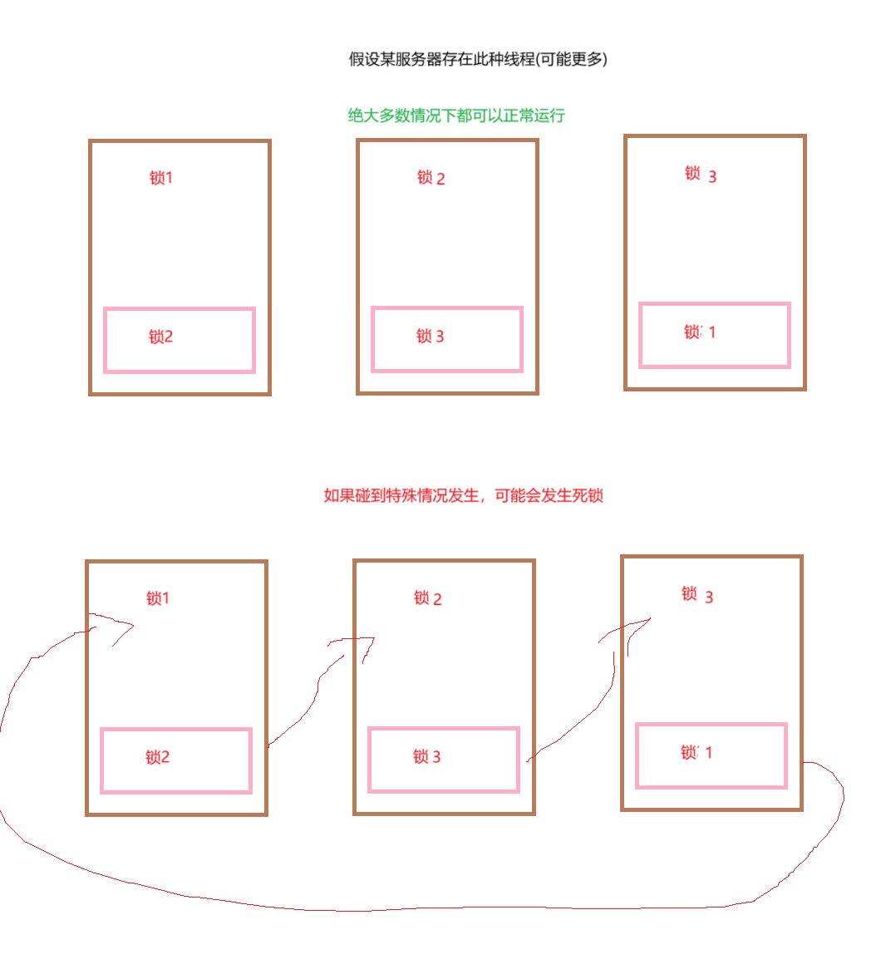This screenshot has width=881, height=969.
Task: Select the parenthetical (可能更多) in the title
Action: tap(572, 59)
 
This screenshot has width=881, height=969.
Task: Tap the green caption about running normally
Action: tap(456, 116)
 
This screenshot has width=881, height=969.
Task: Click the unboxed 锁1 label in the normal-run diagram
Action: tap(161, 178)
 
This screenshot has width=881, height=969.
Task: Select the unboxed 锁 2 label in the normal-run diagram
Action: tap(431, 178)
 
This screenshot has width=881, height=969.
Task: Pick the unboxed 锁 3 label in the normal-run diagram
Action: tap(700, 175)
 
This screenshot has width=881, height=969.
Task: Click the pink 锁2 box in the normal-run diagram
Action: tap(179, 340)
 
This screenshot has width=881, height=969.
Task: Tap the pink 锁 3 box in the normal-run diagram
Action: tap(446, 339)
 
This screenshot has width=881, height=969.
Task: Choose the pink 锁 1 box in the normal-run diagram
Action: tap(714, 335)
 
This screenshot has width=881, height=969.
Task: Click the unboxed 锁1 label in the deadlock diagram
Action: tap(158, 598)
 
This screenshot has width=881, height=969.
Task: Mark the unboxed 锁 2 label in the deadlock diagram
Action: tap(427, 598)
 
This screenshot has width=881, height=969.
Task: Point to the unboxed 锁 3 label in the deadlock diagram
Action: tap(696, 595)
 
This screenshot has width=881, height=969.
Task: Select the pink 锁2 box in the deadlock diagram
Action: tap(175, 760)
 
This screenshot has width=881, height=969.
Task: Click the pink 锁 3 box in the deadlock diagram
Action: tap(443, 760)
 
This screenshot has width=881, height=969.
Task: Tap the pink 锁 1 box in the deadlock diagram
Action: tap(711, 755)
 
